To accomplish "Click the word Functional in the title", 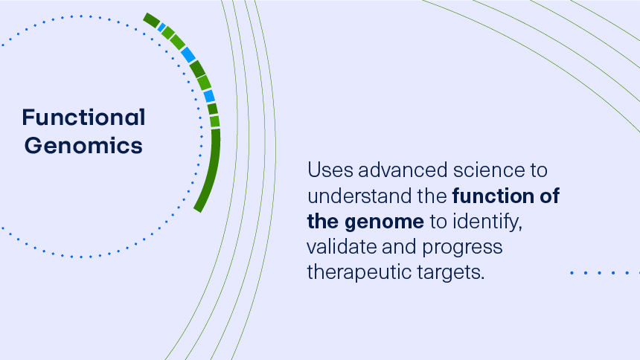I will point(83,118).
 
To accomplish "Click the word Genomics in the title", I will point(83,145).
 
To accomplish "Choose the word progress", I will point(462,248).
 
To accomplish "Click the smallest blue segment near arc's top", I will point(161,28).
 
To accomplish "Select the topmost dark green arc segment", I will point(151,20).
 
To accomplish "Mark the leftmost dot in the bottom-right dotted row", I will point(572,273).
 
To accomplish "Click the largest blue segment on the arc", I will point(188,54).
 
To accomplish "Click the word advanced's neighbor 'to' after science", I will point(537,170).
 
